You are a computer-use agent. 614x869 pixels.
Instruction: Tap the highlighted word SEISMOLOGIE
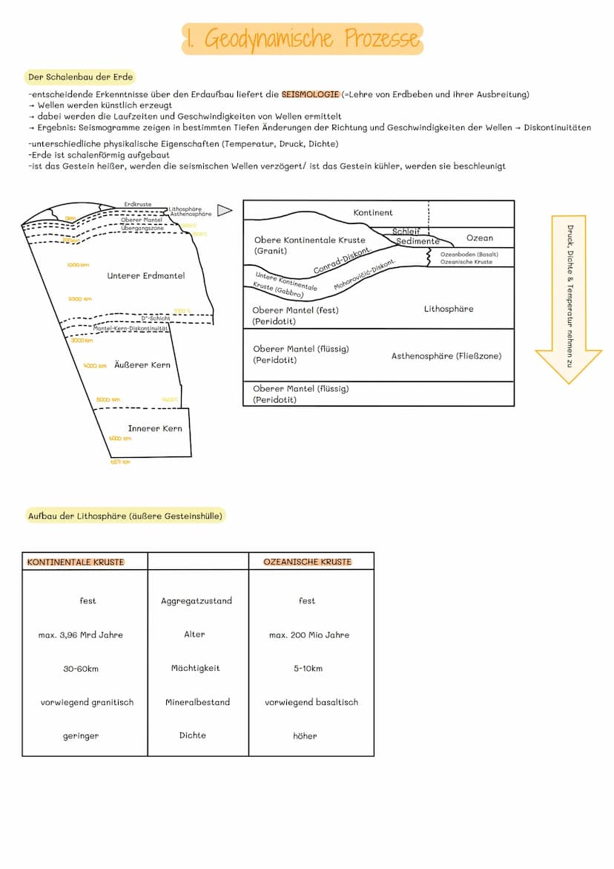310,94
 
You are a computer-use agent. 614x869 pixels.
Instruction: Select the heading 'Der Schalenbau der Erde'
79,77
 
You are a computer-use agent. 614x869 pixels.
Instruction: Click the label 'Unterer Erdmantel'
146,276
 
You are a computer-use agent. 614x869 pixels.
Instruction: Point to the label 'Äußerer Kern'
142,365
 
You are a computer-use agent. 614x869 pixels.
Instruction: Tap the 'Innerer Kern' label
154,428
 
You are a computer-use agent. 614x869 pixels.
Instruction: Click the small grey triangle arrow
225,211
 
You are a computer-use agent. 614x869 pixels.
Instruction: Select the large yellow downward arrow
569,297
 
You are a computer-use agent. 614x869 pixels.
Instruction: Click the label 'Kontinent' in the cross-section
373,213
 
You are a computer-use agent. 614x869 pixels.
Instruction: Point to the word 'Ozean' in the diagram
480,238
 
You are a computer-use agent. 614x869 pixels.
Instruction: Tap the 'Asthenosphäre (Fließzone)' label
446,356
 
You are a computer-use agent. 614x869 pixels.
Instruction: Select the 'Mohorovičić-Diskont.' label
364,275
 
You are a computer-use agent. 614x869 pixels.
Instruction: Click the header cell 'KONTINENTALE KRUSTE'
76,562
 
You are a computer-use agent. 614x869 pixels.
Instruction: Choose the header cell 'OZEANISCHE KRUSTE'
308,562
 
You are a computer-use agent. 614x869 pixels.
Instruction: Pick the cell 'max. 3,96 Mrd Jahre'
81,635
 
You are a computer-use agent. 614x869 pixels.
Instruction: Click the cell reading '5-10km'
308,669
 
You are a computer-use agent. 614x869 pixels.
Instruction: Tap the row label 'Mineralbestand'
197,702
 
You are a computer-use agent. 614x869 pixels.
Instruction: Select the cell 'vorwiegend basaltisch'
311,702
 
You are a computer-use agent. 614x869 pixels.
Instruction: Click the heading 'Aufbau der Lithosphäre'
125,516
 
